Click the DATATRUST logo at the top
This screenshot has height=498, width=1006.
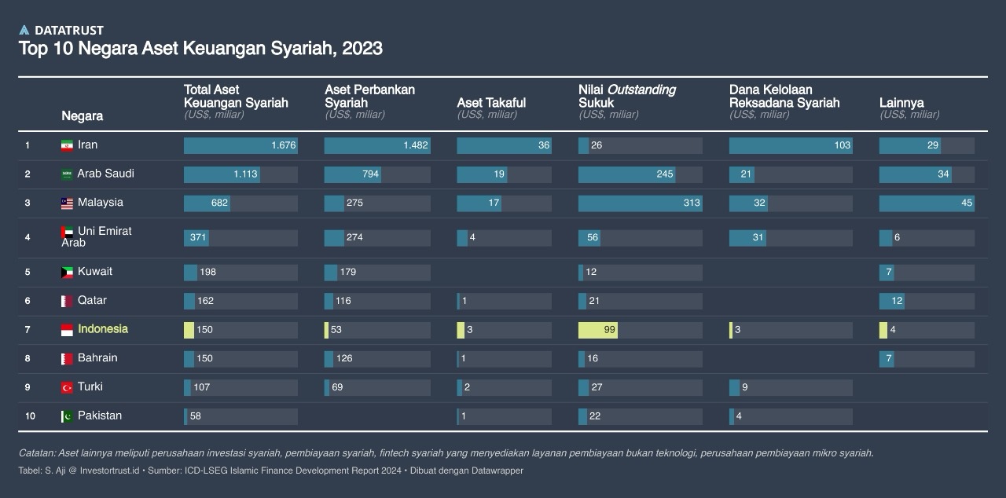click(x=61, y=31)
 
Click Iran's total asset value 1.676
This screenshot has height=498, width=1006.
click(x=283, y=145)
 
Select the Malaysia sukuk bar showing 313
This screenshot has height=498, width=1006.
click(x=640, y=203)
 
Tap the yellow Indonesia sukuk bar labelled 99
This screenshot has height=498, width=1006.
click(x=598, y=330)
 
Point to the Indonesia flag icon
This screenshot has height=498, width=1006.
click(x=67, y=330)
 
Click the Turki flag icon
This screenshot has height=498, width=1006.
click(x=67, y=387)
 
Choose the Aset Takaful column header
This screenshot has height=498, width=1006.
click(x=491, y=103)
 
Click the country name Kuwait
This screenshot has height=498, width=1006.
click(x=95, y=272)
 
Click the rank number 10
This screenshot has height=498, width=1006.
click(x=30, y=416)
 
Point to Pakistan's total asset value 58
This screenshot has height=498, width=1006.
click(x=196, y=416)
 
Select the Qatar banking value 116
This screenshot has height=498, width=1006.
click(x=343, y=301)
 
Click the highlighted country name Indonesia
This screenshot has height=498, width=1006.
click(x=103, y=329)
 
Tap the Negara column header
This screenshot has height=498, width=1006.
click(x=83, y=116)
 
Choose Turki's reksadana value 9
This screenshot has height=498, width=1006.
click(x=745, y=387)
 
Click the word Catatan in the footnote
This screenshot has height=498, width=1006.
click(x=37, y=453)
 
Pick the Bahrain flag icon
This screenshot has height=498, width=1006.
click(x=67, y=359)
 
